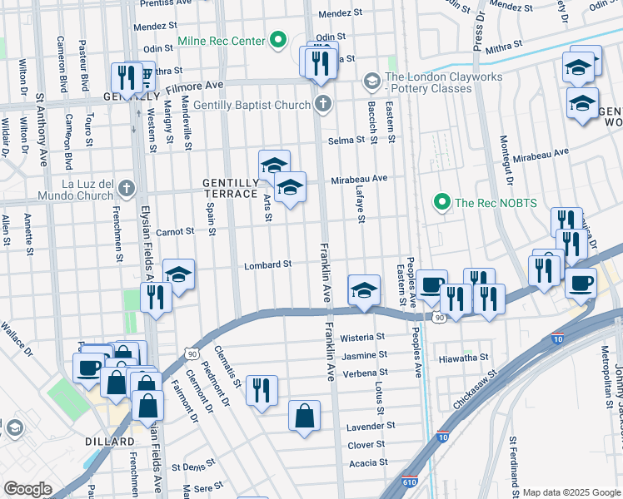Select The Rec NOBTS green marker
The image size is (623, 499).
(441, 200)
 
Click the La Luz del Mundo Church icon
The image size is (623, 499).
(125, 187)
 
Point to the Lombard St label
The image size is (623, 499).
(267, 265)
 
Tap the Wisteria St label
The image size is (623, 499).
(363, 338)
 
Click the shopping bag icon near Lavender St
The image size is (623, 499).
(305, 415)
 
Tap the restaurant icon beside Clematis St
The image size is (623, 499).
(262, 389)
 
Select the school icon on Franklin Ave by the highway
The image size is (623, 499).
(364, 290)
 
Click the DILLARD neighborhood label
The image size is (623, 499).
(109, 441)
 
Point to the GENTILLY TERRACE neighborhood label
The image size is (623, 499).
(231, 188)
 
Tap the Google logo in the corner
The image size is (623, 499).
(27, 489)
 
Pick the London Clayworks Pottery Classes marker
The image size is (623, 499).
(371, 81)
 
